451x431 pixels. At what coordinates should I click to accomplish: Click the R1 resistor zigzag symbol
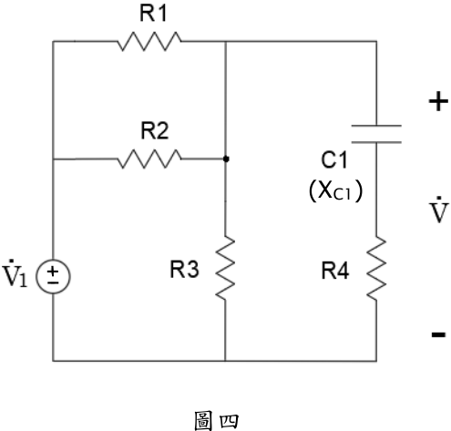[x=149, y=41]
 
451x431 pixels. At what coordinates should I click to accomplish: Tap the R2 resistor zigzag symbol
[x=149, y=159]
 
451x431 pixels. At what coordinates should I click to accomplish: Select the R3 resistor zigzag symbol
[x=225, y=268]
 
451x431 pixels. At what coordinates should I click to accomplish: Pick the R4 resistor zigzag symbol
[x=376, y=268]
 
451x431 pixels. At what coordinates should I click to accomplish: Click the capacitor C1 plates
[x=376, y=134]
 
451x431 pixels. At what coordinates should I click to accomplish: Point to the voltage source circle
[x=53, y=276]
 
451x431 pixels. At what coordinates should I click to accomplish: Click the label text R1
[x=153, y=14]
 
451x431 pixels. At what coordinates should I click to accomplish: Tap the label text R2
[x=155, y=131]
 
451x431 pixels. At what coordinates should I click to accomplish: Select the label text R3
[x=184, y=269]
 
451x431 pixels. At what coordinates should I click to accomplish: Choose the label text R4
[x=335, y=271]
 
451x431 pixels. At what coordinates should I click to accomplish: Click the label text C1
[x=334, y=160]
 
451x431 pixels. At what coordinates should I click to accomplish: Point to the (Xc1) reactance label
[x=335, y=190]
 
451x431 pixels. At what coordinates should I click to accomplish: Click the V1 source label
[x=15, y=273]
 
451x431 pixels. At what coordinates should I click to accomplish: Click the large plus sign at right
[x=438, y=101]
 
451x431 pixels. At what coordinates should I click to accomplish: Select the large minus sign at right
[x=438, y=334]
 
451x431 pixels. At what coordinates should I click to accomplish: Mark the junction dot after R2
[x=226, y=159]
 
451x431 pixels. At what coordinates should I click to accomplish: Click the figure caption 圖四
[x=216, y=421]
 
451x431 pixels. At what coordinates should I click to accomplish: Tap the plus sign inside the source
[x=53, y=271]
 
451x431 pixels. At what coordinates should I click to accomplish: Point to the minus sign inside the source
[x=53, y=282]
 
